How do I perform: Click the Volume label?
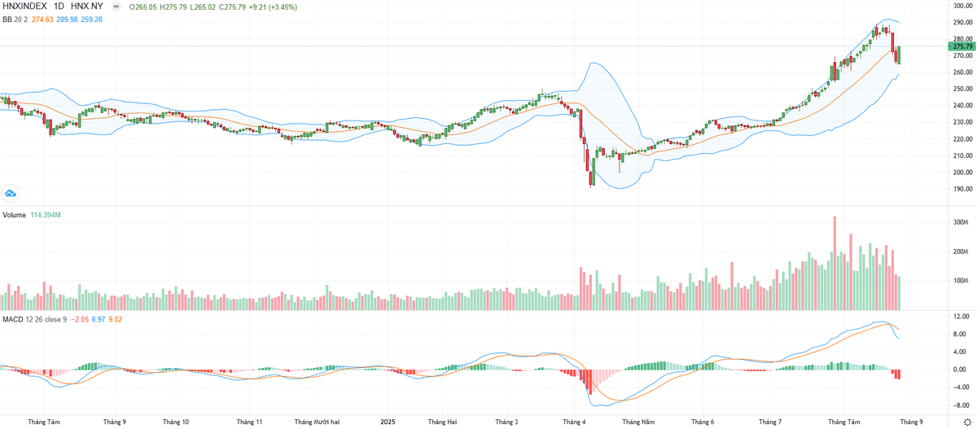point(14,215)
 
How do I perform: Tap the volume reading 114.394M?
point(47,215)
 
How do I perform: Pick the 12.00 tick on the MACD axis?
point(961,317)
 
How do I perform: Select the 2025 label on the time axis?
point(388,422)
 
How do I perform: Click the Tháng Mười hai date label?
point(315,422)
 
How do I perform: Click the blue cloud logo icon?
point(11,193)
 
